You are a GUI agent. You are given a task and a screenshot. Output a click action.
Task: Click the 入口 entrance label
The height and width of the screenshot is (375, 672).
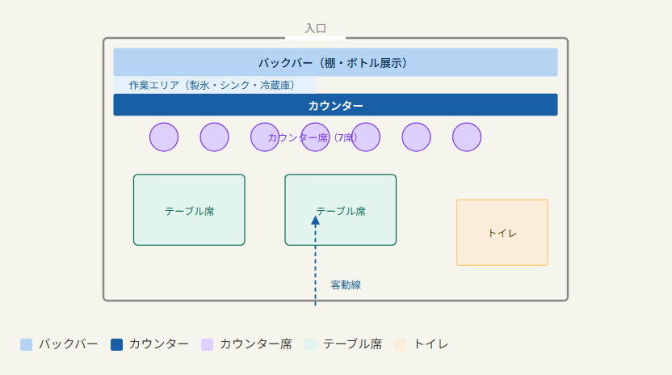point(316,28)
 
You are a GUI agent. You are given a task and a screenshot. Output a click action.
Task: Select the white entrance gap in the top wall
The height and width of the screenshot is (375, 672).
point(316,38)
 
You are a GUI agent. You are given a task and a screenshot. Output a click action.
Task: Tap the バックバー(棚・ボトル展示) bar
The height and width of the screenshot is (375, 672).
point(335,62)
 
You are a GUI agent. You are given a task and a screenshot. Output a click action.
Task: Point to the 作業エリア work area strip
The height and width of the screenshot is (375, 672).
point(214,85)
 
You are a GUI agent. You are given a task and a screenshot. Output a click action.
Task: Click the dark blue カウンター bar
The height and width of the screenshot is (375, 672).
point(335,105)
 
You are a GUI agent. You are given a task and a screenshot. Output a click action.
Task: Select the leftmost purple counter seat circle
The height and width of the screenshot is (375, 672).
point(164,137)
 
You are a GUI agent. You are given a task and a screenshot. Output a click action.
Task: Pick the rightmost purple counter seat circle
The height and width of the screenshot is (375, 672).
point(467,137)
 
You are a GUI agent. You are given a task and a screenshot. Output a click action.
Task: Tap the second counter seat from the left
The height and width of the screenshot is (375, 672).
point(214,137)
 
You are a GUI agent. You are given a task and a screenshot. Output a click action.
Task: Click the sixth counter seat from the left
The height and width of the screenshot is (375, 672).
point(416,137)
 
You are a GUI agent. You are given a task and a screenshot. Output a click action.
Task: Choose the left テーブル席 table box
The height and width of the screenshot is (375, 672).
point(189,210)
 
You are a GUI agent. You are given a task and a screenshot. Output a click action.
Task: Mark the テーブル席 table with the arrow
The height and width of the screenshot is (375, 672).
point(341,210)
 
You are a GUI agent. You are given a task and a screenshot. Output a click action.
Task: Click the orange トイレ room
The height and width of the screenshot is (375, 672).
point(502,233)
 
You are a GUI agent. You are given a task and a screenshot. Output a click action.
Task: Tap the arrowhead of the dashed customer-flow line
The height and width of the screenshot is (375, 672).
point(316,221)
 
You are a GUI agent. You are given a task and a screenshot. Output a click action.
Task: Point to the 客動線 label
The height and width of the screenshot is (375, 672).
point(346,285)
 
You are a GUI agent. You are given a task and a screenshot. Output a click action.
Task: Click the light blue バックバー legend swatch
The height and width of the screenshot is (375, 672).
point(26,344)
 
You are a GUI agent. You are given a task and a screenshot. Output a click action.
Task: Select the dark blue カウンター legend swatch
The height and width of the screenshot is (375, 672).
point(116,344)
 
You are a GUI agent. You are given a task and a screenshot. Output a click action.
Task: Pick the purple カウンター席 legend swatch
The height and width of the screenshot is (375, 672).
point(208,344)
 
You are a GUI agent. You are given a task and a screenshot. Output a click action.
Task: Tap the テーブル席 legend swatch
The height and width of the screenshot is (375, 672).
point(311,344)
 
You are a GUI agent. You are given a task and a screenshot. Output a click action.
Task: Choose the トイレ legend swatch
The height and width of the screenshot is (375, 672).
point(401,344)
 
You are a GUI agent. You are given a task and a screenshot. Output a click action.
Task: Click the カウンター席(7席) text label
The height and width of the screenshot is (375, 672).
point(313,137)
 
